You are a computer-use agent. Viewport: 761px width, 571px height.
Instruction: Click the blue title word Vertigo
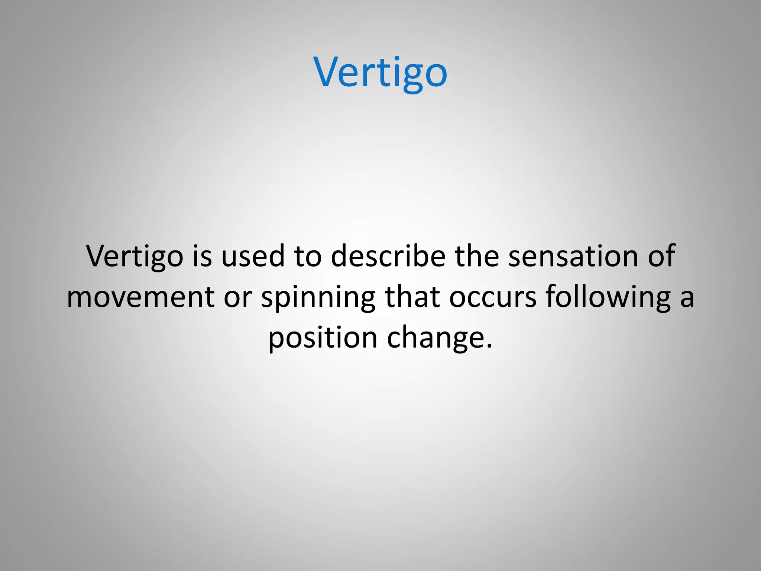(380, 72)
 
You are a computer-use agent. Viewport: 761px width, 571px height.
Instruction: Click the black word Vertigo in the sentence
(135, 257)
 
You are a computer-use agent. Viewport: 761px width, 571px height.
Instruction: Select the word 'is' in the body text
(202, 257)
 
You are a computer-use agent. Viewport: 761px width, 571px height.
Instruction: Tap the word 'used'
(253, 257)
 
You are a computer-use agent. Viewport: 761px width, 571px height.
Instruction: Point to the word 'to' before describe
(307, 257)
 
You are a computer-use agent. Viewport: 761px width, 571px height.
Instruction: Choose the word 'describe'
(388, 257)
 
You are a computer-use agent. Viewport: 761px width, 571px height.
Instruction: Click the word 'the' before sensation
(477, 257)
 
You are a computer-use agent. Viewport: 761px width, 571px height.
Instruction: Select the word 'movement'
(141, 297)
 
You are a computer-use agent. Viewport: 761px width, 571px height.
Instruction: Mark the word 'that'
(412, 297)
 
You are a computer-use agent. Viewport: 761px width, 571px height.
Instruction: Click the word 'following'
(608, 297)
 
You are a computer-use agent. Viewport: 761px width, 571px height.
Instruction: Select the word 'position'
(323, 338)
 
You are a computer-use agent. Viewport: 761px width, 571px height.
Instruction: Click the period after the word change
(489, 346)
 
